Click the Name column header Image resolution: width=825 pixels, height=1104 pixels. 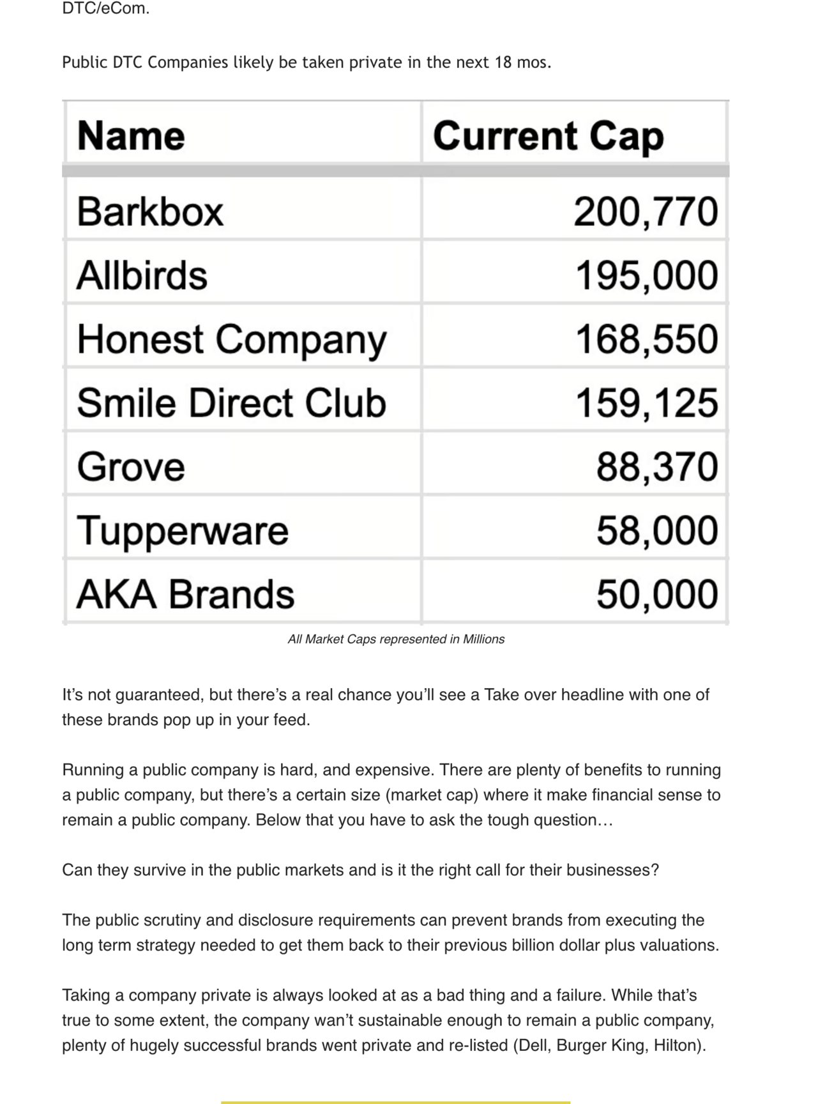point(131,136)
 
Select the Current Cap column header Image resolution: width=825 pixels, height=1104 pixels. point(548,136)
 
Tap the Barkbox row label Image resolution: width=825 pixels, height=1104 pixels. point(150,211)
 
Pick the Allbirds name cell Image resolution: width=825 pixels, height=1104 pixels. point(142,275)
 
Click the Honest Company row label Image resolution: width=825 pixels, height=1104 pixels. point(231,339)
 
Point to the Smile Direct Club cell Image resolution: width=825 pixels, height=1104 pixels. point(231,403)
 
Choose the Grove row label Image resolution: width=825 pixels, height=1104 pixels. point(131,467)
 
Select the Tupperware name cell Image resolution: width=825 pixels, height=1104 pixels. point(183,531)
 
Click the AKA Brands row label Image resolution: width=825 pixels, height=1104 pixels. point(185,595)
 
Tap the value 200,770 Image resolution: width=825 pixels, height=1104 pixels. point(646,211)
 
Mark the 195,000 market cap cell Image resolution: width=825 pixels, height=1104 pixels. point(646,275)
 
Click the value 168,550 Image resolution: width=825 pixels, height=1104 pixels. point(646,339)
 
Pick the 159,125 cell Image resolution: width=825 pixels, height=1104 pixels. point(646,403)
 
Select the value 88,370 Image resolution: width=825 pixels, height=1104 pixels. point(657,467)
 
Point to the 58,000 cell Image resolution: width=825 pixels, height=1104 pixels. point(657,531)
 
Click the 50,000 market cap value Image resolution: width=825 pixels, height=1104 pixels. point(657,595)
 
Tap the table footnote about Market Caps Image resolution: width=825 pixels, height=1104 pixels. point(396,640)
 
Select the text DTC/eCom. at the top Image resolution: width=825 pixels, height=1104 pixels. point(105,9)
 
